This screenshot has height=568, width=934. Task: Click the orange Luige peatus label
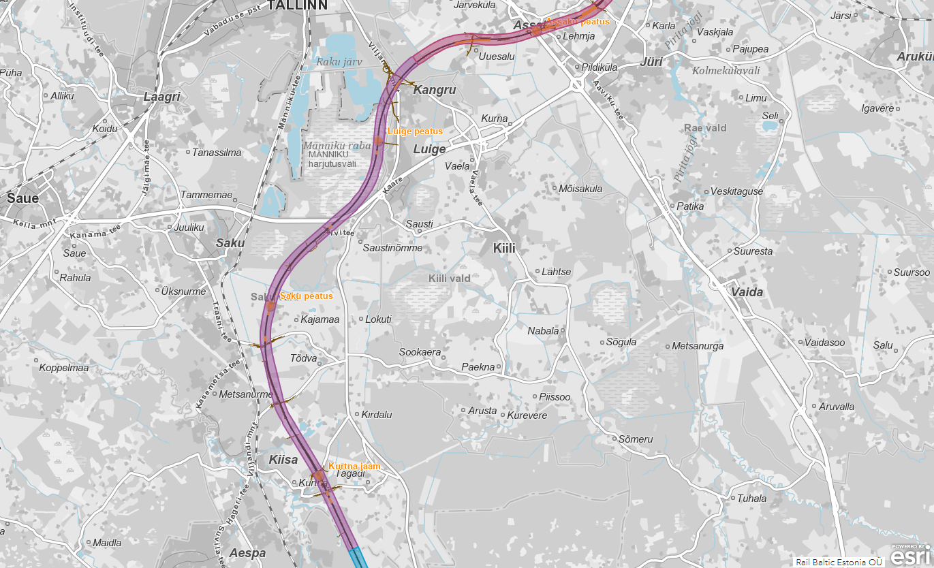[x=415, y=131]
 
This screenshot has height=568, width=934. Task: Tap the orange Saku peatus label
[x=307, y=296]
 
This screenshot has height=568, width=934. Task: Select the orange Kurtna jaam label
[x=354, y=467]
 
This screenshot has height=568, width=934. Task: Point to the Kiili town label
[x=504, y=249]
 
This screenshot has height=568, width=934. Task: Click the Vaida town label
[x=747, y=292]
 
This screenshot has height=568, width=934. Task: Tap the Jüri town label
[x=652, y=62]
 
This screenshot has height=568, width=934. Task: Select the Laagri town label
[x=161, y=97]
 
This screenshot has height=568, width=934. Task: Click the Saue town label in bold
[x=22, y=199]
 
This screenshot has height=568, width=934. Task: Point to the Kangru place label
[x=435, y=90]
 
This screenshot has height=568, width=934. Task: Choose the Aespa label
[x=247, y=553]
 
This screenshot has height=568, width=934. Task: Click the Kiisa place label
[x=283, y=460]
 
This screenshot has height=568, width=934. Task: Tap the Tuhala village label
[x=751, y=499]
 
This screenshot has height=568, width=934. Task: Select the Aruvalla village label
[x=837, y=407]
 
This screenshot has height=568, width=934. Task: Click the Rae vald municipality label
[x=706, y=128]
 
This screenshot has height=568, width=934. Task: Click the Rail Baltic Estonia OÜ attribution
[x=839, y=562]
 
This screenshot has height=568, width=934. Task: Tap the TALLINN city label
[x=297, y=5]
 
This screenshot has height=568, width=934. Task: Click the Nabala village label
[x=543, y=332]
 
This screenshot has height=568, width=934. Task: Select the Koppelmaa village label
[x=64, y=368]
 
